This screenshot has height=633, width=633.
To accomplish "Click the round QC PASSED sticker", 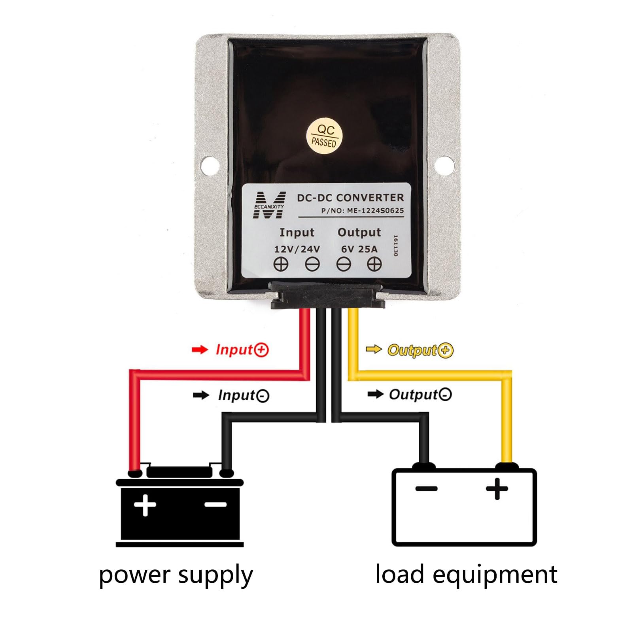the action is click(x=324, y=136).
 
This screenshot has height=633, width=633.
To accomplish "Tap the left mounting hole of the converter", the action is click(x=210, y=165).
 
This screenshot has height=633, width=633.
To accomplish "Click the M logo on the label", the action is click(x=269, y=205).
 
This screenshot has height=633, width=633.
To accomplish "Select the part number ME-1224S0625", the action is click(x=376, y=211).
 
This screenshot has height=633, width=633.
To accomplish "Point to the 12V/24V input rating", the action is click(x=297, y=249).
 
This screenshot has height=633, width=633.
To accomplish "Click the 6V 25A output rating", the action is click(x=359, y=249).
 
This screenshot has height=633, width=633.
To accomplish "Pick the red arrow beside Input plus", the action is click(x=200, y=350).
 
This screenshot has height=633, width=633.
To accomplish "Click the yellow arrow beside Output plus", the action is click(x=374, y=349).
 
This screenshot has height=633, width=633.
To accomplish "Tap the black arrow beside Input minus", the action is click(x=201, y=395).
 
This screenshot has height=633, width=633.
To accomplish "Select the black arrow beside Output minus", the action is click(x=376, y=394).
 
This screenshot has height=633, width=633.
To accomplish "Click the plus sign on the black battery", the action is click(x=145, y=505).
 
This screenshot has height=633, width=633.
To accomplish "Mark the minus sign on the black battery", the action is click(x=215, y=505).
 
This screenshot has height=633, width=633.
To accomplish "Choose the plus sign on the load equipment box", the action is click(x=497, y=489).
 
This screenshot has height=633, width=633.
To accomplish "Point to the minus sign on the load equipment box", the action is click(x=427, y=489).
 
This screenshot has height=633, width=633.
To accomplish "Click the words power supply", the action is click(x=176, y=575).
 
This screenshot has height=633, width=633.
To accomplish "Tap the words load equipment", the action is click(x=467, y=574).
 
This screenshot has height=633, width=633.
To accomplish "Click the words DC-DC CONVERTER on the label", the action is click(x=351, y=198).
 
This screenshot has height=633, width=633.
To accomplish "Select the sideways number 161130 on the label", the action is click(x=395, y=246).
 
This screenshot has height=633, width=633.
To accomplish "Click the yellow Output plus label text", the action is click(x=420, y=350).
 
